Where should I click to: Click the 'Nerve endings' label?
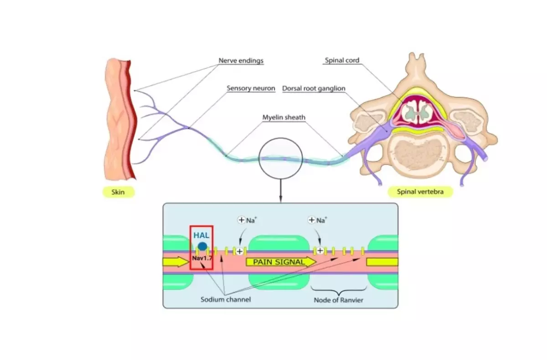coord(241,61)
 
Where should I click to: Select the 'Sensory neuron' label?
coord(251,88)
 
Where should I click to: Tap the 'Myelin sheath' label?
coord(284,118)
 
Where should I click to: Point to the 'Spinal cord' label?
coord(342,60)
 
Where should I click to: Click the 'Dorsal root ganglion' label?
coord(314,88)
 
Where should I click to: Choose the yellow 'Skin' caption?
coord(117,192)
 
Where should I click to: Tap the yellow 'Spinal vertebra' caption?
coord(421,192)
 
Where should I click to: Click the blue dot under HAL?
coord(202,247)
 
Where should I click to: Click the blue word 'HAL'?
coord(201,235)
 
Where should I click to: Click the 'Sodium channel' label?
coord(226,300)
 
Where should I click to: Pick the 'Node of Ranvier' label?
coord(338,300)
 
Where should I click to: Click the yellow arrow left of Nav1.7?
coord(175,262)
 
